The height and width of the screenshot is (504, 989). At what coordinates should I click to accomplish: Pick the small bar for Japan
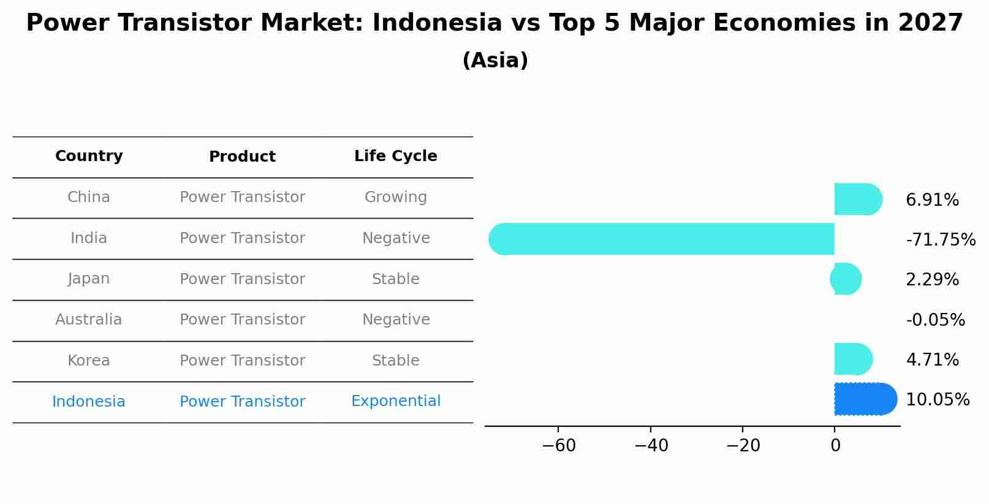(x=846, y=279)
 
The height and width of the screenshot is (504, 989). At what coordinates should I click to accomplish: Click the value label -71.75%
(x=940, y=240)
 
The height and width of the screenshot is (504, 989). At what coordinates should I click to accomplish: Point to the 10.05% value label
(x=937, y=400)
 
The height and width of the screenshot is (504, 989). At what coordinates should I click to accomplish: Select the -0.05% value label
(x=935, y=320)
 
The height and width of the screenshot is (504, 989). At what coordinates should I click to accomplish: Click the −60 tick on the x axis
(x=559, y=446)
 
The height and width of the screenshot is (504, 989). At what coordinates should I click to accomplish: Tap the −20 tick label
(x=743, y=446)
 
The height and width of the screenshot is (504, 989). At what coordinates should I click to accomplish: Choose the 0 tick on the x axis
(x=835, y=446)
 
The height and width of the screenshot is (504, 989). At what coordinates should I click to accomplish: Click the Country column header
(x=89, y=156)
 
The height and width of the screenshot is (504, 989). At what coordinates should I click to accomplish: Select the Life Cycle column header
(x=395, y=156)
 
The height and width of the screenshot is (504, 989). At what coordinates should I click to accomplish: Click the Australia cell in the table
(x=89, y=320)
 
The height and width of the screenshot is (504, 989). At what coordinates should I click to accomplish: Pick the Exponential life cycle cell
(x=395, y=401)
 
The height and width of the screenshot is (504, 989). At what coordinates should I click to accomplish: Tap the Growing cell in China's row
(x=395, y=197)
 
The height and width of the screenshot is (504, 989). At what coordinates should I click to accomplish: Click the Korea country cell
(x=89, y=361)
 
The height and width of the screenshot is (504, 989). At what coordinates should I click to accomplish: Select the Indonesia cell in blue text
(x=89, y=402)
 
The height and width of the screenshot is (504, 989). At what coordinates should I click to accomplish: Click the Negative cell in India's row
(x=395, y=238)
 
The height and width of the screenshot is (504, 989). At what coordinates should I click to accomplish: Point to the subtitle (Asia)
(x=494, y=61)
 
